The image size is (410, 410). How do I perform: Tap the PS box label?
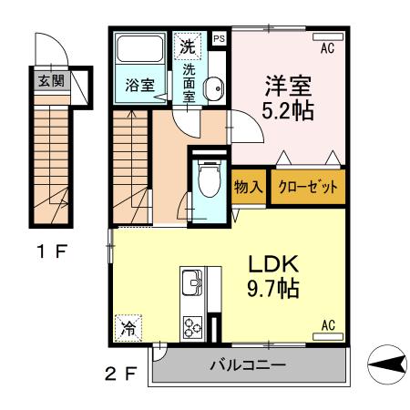click(219, 39)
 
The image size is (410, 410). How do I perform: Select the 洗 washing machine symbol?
click(187, 45)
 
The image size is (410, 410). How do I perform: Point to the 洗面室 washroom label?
click(190, 81)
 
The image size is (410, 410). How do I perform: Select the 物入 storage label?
click(249, 187)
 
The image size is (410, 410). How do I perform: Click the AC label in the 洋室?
click(328, 40)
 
